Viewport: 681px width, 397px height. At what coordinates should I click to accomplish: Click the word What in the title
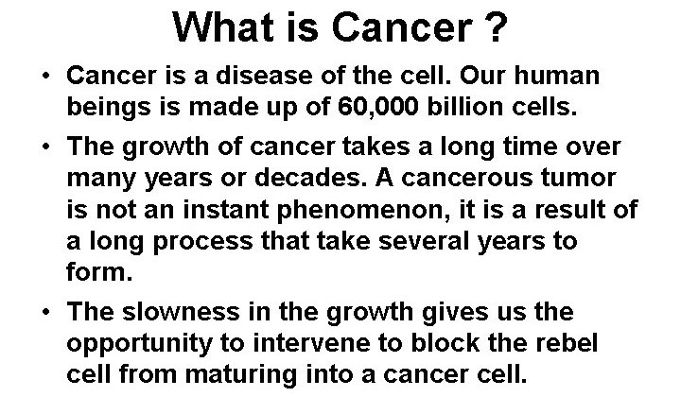coord(223,26)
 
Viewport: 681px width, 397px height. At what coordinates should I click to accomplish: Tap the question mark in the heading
coord(495,26)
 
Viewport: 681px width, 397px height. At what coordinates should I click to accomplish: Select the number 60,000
coord(377,107)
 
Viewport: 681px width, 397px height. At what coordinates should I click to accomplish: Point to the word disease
coord(264,76)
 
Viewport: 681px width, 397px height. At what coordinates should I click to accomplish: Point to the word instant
coord(226,210)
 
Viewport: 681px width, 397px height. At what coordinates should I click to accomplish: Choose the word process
coord(202,242)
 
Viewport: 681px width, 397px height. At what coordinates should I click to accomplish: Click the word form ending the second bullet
coord(99,272)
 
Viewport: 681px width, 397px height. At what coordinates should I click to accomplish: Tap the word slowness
coord(181,312)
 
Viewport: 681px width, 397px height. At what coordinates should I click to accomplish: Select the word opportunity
coord(139,344)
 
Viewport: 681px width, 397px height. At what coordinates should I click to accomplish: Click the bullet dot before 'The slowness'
coord(46,312)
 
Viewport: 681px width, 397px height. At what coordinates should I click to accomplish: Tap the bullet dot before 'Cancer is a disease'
coord(46,76)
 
